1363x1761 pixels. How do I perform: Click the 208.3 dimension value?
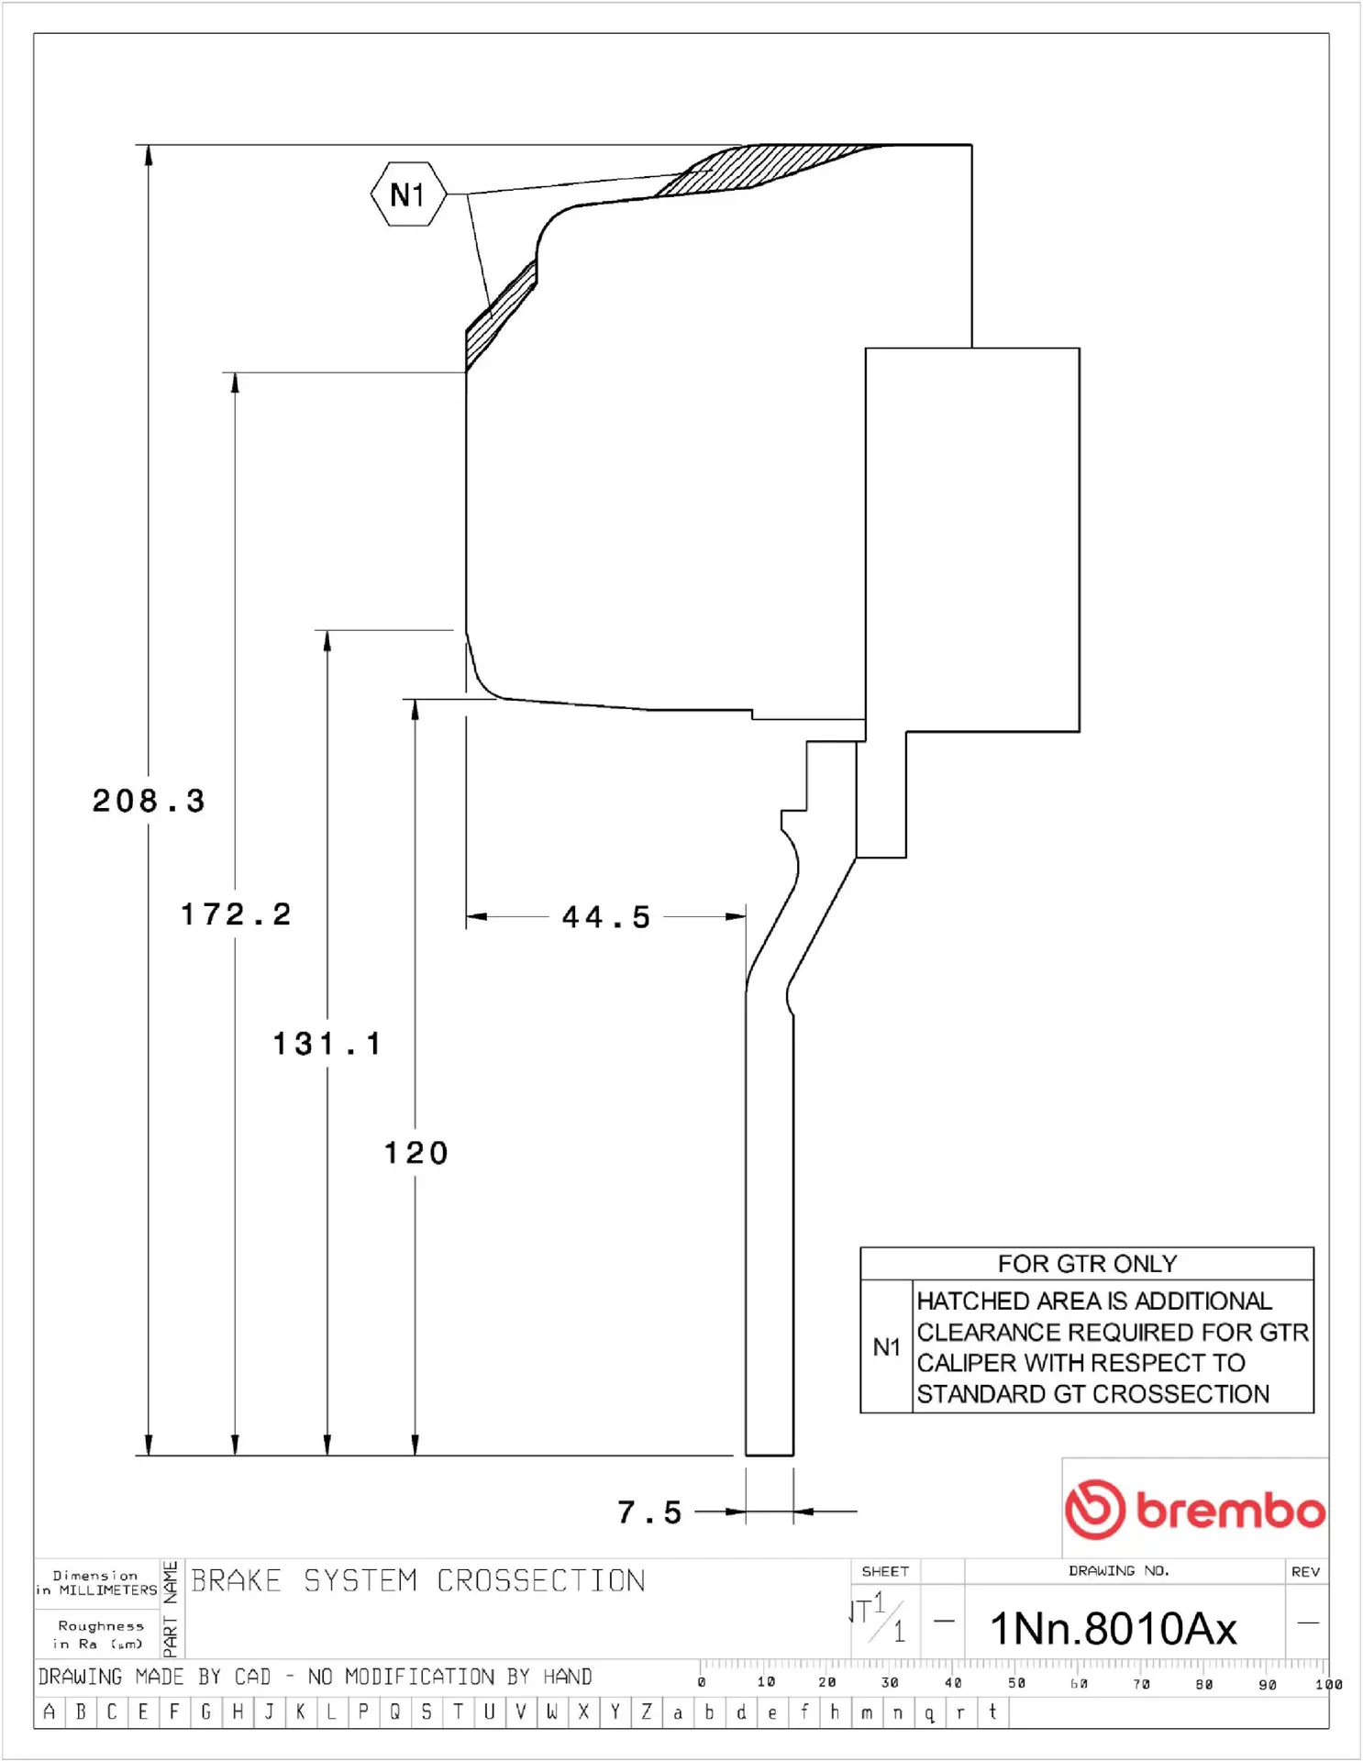tap(149, 801)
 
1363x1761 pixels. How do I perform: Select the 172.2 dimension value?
tap(236, 914)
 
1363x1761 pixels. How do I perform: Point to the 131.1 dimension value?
tap(327, 1043)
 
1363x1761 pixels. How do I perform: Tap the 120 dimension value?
tap(416, 1152)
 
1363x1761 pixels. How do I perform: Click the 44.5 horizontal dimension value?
tap(606, 916)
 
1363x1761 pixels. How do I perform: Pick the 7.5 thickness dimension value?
tap(649, 1512)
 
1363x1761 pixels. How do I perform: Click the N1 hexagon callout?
tap(408, 194)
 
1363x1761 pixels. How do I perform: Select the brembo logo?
tap(1194, 1509)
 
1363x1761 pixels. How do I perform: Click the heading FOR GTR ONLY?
tap(1087, 1264)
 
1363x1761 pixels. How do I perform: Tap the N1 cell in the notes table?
tap(886, 1346)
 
